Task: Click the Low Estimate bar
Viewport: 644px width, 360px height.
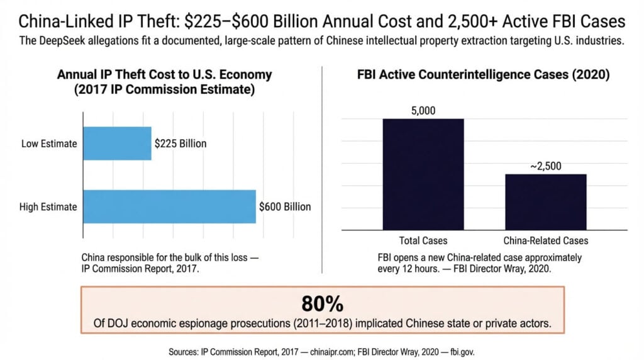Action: click(117, 143)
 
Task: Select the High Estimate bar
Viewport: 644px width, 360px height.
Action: click(169, 206)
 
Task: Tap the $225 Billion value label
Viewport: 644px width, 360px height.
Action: click(180, 143)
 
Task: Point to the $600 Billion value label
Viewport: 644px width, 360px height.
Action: click(285, 206)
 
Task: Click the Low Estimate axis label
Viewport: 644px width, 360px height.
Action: click(49, 143)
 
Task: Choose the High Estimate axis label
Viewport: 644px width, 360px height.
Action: click(48, 206)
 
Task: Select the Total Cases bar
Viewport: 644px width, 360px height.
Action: click(423, 174)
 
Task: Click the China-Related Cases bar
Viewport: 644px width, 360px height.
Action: click(545, 202)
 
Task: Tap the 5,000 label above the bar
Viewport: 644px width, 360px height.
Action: click(423, 111)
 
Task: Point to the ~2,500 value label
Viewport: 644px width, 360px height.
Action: click(545, 166)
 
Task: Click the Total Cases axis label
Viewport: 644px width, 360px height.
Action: click(423, 240)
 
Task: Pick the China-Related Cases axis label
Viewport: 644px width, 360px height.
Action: click(546, 240)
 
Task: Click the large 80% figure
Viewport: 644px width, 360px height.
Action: click(322, 304)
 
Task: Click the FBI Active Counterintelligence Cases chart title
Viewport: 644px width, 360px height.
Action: click(483, 75)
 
